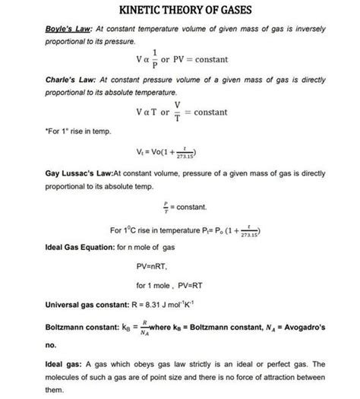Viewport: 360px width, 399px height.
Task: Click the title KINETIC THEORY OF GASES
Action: [x=179, y=11]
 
